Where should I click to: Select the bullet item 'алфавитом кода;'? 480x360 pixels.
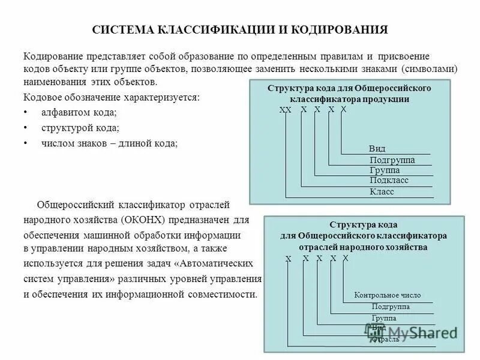coord(79,112)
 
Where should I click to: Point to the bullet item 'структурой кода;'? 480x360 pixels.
coord(80,128)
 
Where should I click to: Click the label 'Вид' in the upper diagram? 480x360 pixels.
coord(377,148)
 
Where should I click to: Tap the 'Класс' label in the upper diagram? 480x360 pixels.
coord(382,192)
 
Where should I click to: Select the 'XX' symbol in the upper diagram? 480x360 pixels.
coord(285,110)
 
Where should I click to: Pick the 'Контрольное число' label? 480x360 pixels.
coord(387,295)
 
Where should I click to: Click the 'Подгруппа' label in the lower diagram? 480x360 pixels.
coord(391,307)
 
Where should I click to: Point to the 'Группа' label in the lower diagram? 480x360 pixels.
coord(383,317)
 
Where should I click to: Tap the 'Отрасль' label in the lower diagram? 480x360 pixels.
coord(385,340)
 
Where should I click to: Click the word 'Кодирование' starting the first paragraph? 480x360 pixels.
coord(52,56)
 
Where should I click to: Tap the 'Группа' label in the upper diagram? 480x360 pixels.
coord(385,170)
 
